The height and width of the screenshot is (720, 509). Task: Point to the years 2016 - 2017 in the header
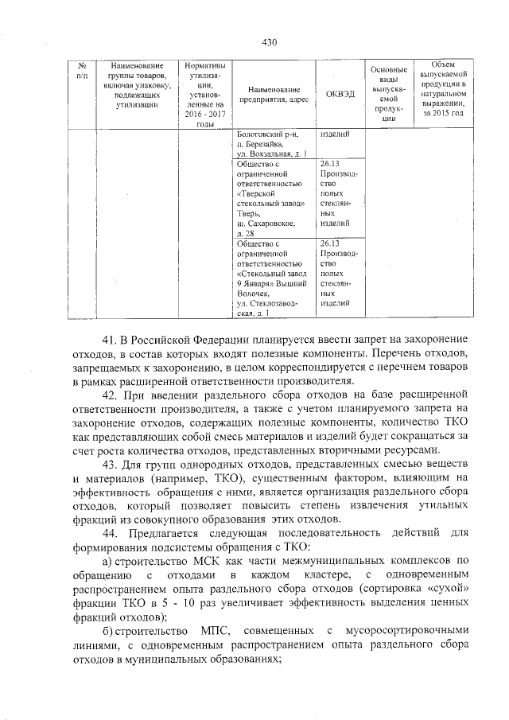pos(205,114)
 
